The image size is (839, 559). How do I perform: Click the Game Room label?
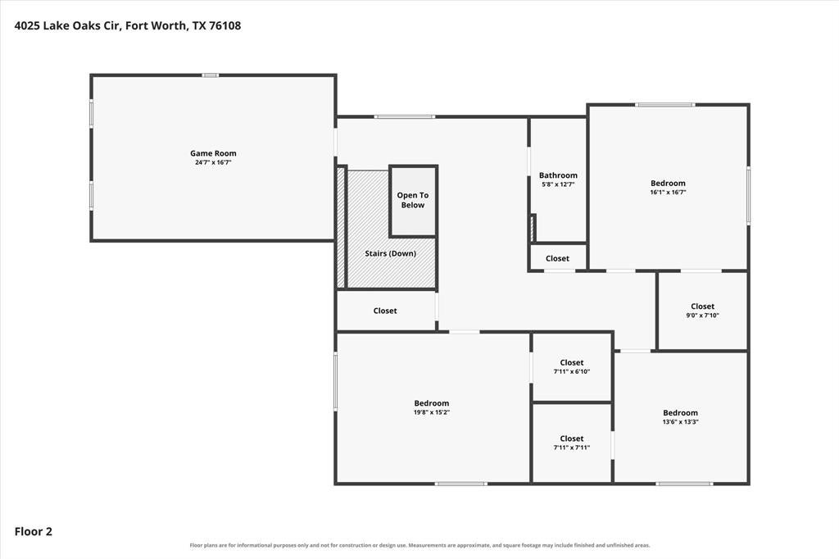pyautogui.click(x=213, y=153)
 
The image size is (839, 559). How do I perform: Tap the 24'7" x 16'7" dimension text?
pyautogui.click(x=213, y=162)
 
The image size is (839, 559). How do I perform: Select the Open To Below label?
pyautogui.click(x=413, y=200)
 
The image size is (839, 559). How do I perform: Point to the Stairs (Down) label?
pyautogui.click(x=390, y=253)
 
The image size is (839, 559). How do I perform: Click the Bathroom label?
pyautogui.click(x=558, y=175)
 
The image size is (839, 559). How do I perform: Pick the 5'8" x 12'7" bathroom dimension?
pyautogui.click(x=558, y=184)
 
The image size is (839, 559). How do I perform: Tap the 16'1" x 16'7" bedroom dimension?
pyautogui.click(x=668, y=192)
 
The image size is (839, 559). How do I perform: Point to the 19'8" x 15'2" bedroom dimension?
pyautogui.click(x=431, y=412)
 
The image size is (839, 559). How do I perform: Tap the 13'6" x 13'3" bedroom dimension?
pyautogui.click(x=680, y=421)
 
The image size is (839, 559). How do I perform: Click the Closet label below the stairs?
pyautogui.click(x=385, y=311)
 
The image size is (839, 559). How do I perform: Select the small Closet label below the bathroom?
pyautogui.click(x=557, y=258)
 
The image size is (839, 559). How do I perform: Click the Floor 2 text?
pyautogui.click(x=33, y=532)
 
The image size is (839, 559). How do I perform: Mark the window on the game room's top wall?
pyautogui.click(x=211, y=75)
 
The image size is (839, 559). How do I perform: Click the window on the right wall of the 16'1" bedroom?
pyautogui.click(x=748, y=195)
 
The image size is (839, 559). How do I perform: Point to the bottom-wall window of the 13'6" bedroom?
pyautogui.click(x=684, y=484)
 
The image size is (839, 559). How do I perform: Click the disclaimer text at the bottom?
pyautogui.click(x=419, y=546)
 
